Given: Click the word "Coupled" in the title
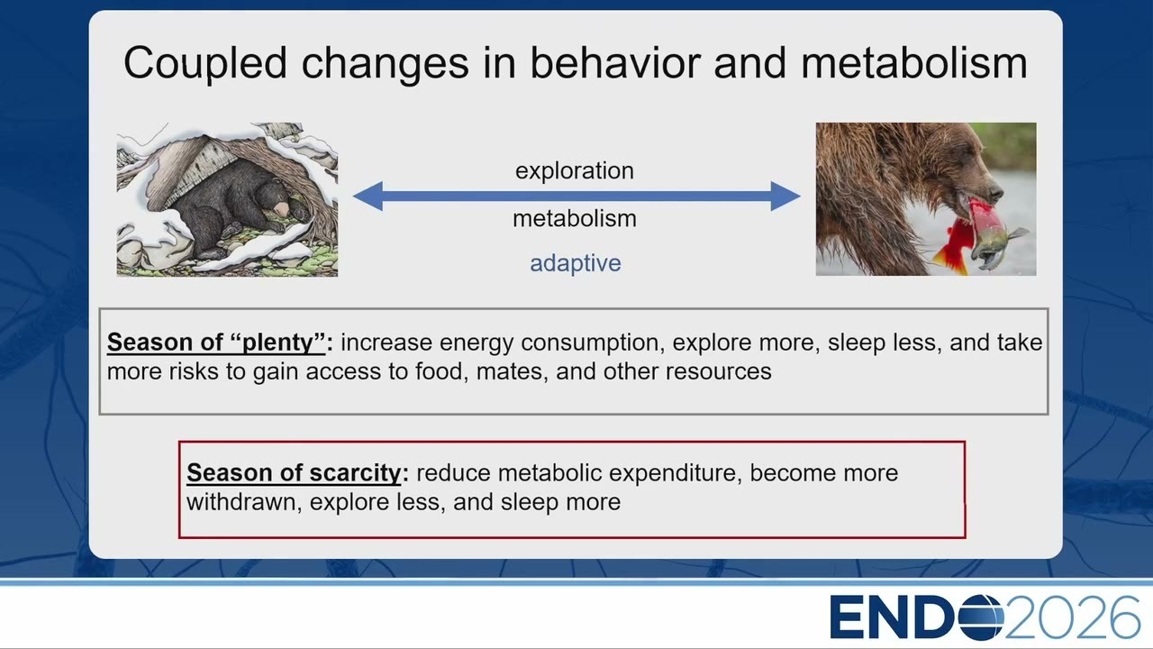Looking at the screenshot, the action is click(x=204, y=64).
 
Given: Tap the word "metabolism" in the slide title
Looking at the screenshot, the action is click(x=913, y=63).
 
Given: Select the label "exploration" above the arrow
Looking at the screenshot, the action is click(x=575, y=170).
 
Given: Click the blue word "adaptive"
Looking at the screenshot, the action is click(x=576, y=263).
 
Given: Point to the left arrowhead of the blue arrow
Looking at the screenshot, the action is click(x=368, y=197).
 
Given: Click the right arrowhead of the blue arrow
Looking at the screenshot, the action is click(x=785, y=197).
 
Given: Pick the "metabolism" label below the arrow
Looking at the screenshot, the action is click(x=575, y=218).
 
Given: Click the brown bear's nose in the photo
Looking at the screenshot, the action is click(x=996, y=194).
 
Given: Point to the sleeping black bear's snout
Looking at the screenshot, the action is click(x=283, y=208).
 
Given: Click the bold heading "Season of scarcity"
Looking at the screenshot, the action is click(x=294, y=473).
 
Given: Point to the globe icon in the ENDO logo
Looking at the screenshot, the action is click(x=981, y=617).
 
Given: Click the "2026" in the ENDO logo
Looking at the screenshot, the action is click(x=1072, y=617).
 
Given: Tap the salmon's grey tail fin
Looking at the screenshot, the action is click(x=1017, y=235).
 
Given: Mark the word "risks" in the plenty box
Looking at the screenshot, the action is click(x=194, y=371).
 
